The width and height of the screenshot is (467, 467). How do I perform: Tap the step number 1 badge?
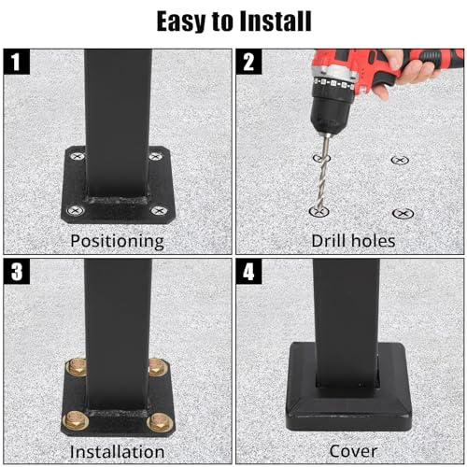[x=17, y=62]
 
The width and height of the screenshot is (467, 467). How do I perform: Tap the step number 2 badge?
[x=248, y=62]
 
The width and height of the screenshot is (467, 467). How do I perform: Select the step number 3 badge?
[x=17, y=272]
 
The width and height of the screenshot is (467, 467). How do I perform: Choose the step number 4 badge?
[x=248, y=272]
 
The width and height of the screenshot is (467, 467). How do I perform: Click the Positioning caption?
[x=117, y=241]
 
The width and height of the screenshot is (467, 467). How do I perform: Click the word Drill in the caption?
[x=328, y=241]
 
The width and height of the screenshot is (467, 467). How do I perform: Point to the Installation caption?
[x=117, y=451]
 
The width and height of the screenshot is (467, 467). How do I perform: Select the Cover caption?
[x=353, y=451]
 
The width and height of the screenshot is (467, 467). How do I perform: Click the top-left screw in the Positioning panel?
[x=77, y=156]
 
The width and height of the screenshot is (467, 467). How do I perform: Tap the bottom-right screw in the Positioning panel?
[x=159, y=211]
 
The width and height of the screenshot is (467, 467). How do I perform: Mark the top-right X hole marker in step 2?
[x=400, y=160]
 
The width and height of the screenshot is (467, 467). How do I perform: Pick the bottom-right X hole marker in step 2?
[x=403, y=214]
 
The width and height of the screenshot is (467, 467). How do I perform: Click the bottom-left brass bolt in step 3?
[x=76, y=420]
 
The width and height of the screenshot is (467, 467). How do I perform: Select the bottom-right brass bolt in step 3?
[x=160, y=422]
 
